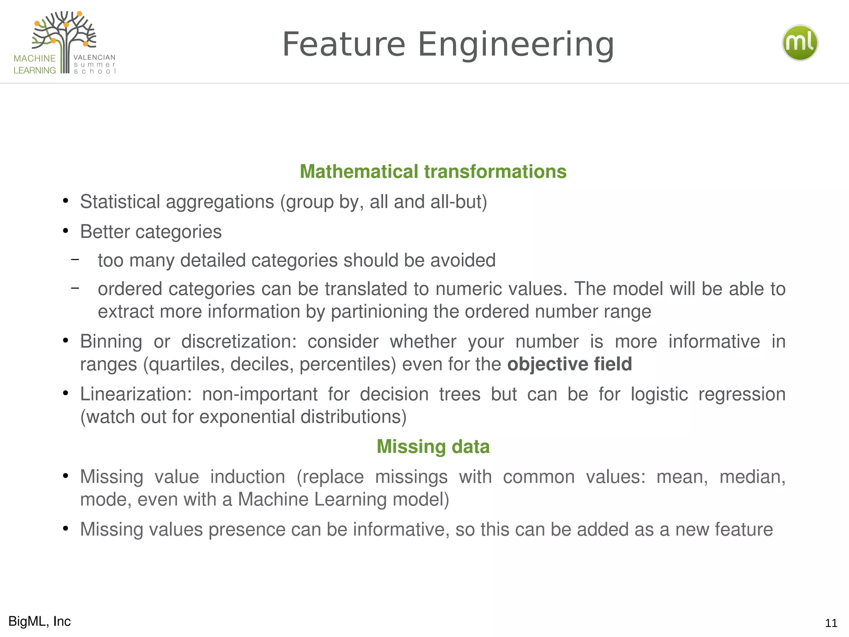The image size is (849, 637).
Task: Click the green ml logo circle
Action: (800, 43)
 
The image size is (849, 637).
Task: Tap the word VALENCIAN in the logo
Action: (95, 57)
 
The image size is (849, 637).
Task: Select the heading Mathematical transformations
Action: (433, 172)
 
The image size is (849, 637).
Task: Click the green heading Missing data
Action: (433, 447)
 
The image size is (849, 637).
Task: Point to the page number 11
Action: (831, 623)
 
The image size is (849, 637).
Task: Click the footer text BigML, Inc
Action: (39, 621)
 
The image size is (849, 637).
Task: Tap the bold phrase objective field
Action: (569, 364)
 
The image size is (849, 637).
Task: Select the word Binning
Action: (111, 342)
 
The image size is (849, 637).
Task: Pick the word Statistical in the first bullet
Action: (120, 202)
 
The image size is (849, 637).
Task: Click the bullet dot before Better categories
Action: (65, 231)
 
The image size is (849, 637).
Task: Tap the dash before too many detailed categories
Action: (75, 260)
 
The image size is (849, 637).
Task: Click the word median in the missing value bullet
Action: (752, 477)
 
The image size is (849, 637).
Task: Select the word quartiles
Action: (187, 364)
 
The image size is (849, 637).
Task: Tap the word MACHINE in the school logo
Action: (35, 58)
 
